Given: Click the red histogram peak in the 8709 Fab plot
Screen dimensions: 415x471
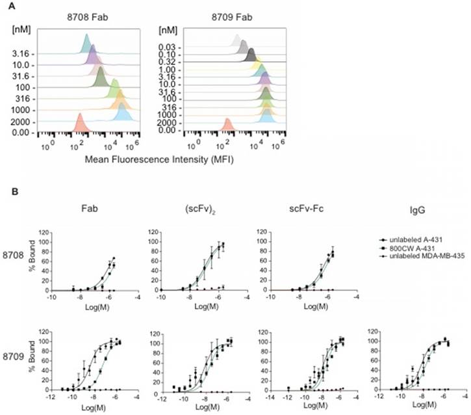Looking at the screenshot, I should pyautogui.click(x=227, y=124).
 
